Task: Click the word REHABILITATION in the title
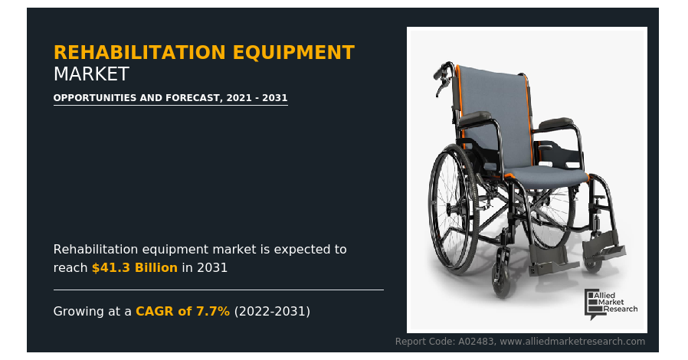[x=139, y=53]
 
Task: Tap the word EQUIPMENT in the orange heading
[x=293, y=53]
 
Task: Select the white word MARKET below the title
[x=91, y=74]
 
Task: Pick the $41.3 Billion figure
[x=135, y=267]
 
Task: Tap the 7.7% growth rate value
[x=213, y=311]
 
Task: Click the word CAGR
[x=155, y=311]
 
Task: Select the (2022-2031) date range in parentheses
[x=272, y=311]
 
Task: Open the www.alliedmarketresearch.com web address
[x=572, y=342]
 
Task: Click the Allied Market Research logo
[x=611, y=304]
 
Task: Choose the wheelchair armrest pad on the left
[x=474, y=117]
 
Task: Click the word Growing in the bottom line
[x=80, y=312]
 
